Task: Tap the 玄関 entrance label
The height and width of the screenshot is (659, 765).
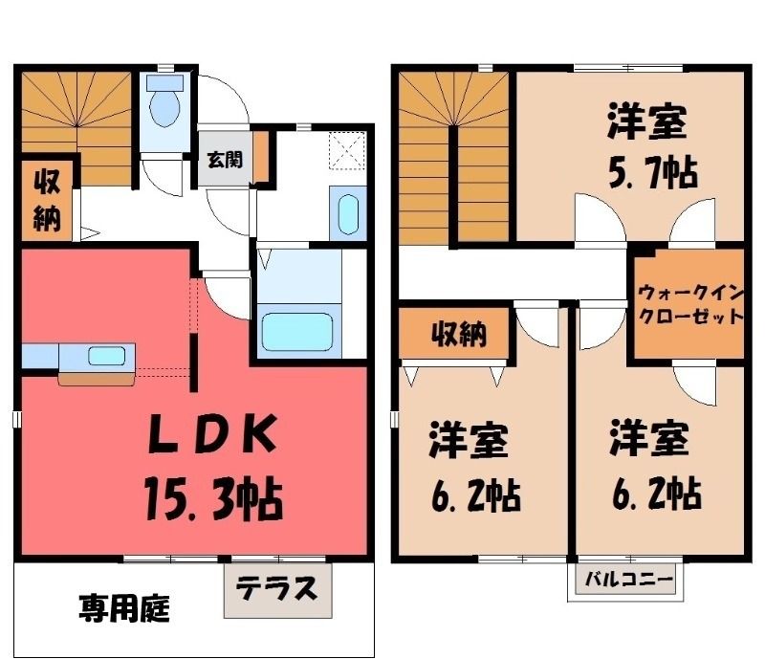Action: [225, 160]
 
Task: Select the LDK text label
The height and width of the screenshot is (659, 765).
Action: [212, 433]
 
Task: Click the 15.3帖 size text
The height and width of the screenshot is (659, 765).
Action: [213, 498]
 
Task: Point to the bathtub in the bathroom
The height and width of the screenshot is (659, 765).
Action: [297, 332]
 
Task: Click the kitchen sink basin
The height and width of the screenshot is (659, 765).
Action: [106, 356]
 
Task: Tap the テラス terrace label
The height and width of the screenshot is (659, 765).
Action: [276, 588]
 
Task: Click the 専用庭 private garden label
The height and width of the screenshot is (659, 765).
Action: [124, 608]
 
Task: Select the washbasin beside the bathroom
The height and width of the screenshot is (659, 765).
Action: [348, 214]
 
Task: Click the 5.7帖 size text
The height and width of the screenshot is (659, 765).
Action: [652, 172]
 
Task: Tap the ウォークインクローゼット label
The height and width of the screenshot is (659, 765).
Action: [690, 305]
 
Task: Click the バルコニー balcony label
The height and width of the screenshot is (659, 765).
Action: [629, 581]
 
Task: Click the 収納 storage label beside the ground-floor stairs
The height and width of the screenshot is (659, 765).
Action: [47, 201]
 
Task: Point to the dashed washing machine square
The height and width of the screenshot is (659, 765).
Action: [347, 150]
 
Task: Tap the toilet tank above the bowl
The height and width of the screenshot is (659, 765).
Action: [164, 83]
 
